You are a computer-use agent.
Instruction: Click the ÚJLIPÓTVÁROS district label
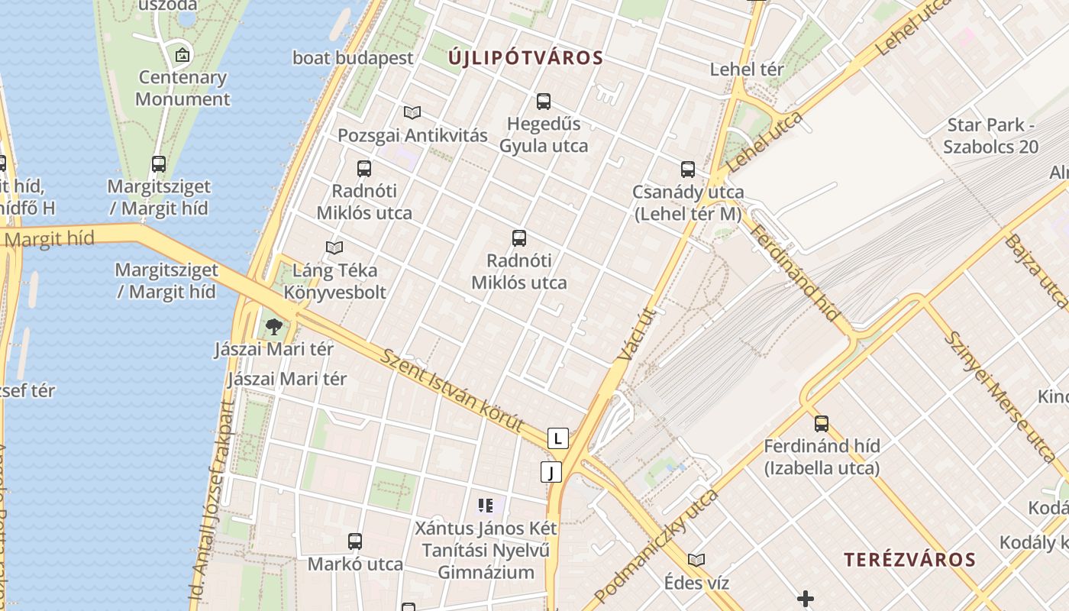pyautogui.click(x=525, y=58)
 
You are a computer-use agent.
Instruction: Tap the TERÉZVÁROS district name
pyautogui.click(x=909, y=560)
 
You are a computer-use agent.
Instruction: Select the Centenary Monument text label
pyautogui.click(x=182, y=88)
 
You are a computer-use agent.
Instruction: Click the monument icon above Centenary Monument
pyautogui.click(x=182, y=55)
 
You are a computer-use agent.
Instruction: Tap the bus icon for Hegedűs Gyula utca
pyautogui.click(x=544, y=101)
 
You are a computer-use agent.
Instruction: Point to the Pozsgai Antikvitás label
pyautogui.click(x=412, y=135)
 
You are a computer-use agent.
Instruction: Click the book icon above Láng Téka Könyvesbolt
pyautogui.click(x=334, y=247)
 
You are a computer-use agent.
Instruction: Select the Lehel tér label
pyautogui.click(x=747, y=70)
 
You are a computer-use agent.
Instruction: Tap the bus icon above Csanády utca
pyautogui.click(x=688, y=170)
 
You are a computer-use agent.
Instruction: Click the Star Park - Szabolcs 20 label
pyautogui.click(x=990, y=135)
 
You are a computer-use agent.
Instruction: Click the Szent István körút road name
pyautogui.click(x=453, y=391)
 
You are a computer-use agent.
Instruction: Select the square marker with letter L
pyautogui.click(x=558, y=438)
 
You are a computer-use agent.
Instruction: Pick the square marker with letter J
pyautogui.click(x=551, y=472)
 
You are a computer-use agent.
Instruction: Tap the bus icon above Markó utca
pyautogui.click(x=355, y=541)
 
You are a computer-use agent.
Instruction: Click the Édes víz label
pyautogui.click(x=696, y=583)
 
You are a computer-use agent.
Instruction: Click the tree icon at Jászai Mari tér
pyautogui.click(x=274, y=328)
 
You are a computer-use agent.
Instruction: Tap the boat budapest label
pyautogui.click(x=353, y=58)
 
